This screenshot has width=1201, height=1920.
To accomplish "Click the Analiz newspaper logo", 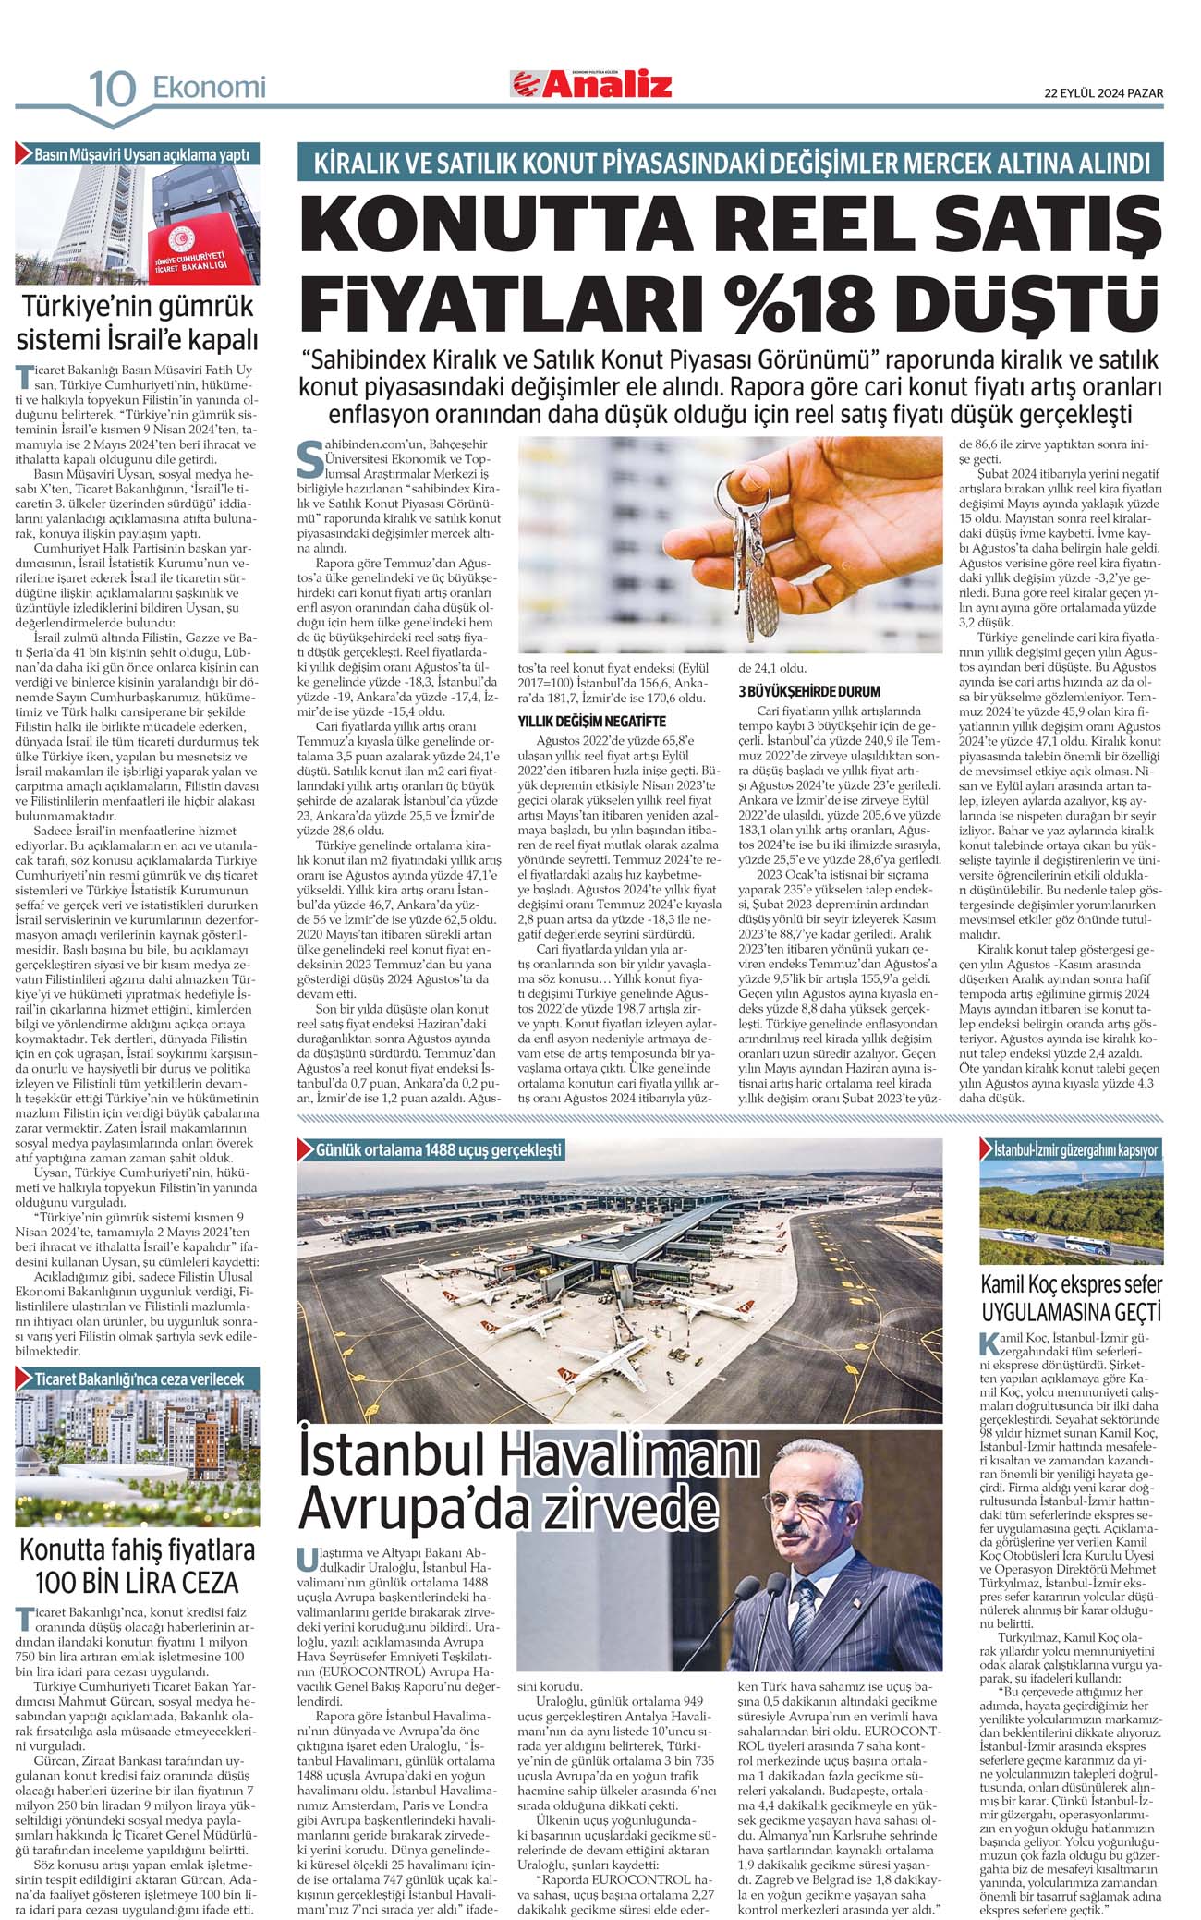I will pos(592,85).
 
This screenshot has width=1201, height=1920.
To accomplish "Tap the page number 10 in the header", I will pos(112,90).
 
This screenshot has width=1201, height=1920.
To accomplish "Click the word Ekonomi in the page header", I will pos(209,88).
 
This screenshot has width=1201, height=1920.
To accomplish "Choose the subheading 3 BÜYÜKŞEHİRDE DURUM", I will pos(809,691).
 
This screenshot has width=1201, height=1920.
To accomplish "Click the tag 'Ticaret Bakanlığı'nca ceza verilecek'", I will pos(139,1379).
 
